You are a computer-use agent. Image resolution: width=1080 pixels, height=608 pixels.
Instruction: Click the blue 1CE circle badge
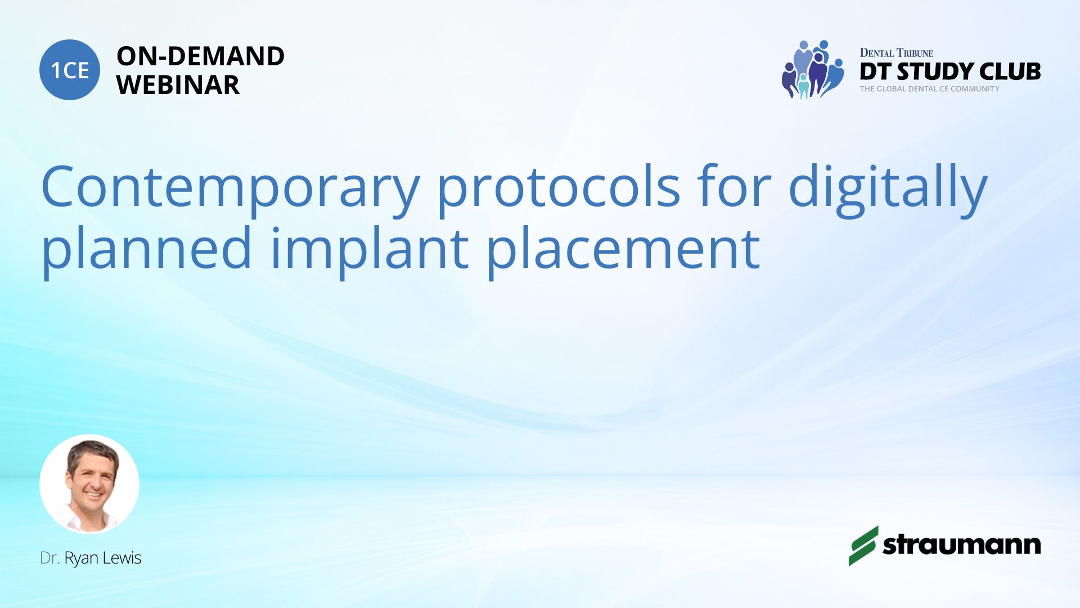point(70,70)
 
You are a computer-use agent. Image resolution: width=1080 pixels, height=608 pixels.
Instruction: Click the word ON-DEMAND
point(201,56)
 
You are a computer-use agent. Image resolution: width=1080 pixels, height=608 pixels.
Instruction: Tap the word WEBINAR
point(178,85)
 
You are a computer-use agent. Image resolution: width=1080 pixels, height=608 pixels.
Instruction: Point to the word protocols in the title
point(559,186)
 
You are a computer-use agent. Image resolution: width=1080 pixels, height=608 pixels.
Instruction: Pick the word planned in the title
point(146,248)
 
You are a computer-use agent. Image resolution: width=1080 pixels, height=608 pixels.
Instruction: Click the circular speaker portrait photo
point(89,484)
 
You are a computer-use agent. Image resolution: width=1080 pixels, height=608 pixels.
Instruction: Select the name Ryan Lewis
point(103,558)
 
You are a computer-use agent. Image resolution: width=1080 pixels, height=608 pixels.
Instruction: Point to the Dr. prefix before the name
point(50,558)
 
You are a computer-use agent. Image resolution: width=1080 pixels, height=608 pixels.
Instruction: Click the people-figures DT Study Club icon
point(813,69)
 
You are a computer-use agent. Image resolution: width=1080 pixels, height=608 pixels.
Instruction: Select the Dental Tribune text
point(897,53)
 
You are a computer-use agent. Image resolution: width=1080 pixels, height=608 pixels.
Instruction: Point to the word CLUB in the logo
point(1010,71)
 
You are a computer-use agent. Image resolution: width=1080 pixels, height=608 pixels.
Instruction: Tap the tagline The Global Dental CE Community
point(930,89)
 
